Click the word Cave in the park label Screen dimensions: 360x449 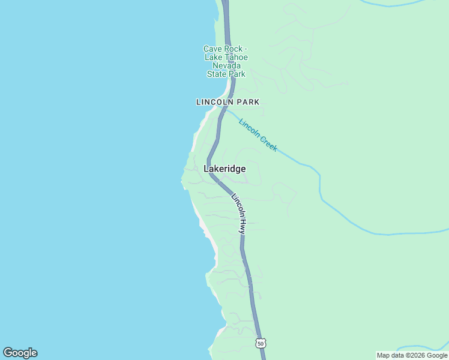[x=212, y=49]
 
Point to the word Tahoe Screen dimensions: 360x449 [x=235, y=58]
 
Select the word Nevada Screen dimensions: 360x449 [x=226, y=66]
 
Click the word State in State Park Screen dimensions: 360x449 [x=217, y=74]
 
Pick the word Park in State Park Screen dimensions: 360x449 [x=237, y=74]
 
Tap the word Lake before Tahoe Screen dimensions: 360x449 [x=213, y=58]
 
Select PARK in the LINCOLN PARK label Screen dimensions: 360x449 [x=249, y=102]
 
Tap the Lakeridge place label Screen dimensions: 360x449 [x=225, y=169]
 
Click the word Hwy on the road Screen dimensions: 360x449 [x=243, y=226]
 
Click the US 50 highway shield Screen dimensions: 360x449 [x=260, y=343]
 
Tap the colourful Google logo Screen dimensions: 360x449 [x=20, y=353]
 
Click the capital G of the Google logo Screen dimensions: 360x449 [x=8, y=353]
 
